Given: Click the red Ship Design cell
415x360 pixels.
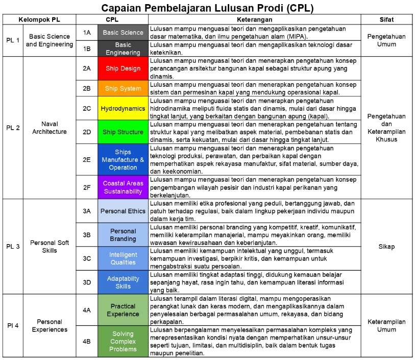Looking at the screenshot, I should (x=123, y=68).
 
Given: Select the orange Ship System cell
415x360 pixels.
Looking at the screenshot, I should (x=123, y=88).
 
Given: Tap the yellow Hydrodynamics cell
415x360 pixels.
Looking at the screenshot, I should (x=123, y=108).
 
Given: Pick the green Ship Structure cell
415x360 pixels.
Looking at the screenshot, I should (x=123, y=132).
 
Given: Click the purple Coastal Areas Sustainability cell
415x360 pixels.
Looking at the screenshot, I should (x=123, y=187).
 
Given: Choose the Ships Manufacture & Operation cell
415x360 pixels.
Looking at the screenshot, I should (x=123, y=159).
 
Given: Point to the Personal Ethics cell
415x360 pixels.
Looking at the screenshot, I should (x=123, y=211).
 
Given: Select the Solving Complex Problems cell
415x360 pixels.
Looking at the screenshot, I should (x=123, y=341).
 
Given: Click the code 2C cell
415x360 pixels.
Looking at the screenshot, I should (x=87, y=108).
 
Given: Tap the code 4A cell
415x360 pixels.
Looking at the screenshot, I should (x=87, y=310).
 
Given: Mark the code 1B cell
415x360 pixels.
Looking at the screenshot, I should (x=87, y=49).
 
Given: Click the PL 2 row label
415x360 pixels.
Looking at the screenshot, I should (x=13, y=128).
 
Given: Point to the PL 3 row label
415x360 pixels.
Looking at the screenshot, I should (x=13, y=246).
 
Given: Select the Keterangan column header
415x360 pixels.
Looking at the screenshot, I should (x=254, y=19).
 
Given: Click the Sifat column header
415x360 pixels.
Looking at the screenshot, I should (x=386, y=19).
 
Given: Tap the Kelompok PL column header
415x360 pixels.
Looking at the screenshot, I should (x=39, y=19).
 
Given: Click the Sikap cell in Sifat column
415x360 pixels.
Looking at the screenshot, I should (x=386, y=246).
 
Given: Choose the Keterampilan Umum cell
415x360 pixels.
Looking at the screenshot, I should (x=386, y=325).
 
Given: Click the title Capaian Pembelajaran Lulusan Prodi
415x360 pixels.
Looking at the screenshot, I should (x=207, y=8).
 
